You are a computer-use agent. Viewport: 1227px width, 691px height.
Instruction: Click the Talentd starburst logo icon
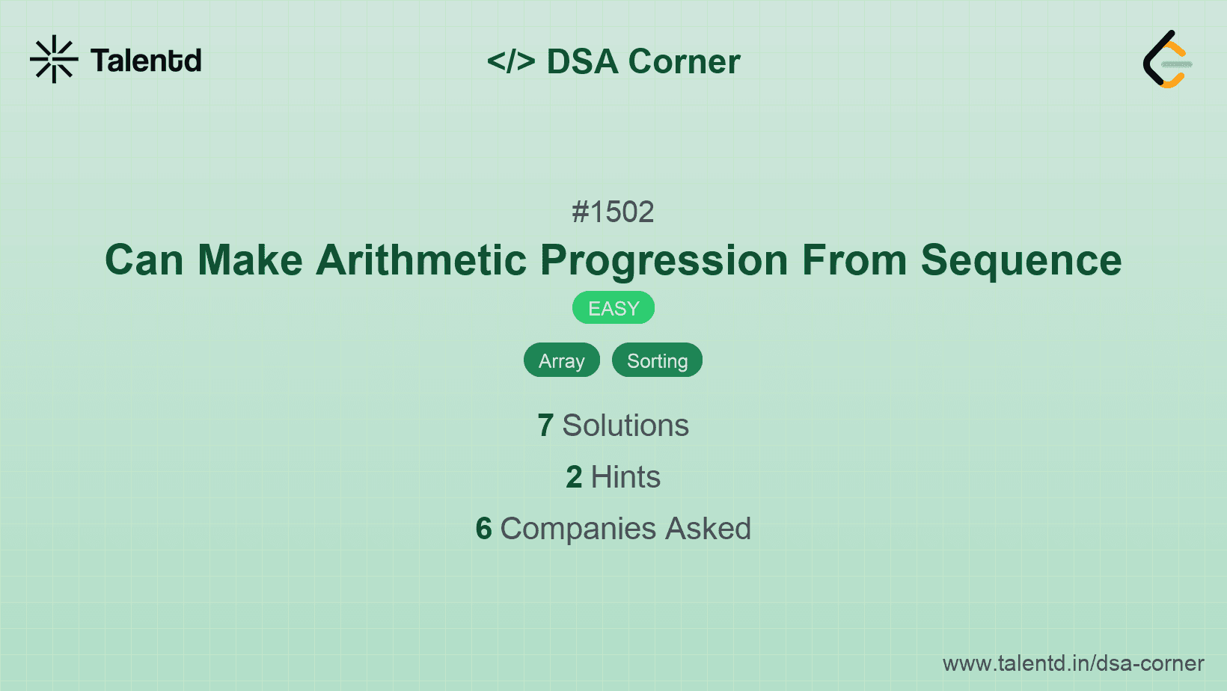coord(54,59)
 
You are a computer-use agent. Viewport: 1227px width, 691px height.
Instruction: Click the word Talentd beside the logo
coord(146,61)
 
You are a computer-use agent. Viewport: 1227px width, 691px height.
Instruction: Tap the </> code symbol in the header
coord(511,61)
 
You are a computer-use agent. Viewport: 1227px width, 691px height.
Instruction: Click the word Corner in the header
coord(684,61)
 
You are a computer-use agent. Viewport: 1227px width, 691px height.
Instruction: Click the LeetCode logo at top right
coord(1167,59)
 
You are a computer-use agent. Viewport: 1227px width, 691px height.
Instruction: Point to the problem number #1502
coord(613,212)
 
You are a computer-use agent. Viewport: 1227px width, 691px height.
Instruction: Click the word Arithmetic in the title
coord(421,260)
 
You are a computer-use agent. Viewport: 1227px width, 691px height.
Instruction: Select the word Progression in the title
coord(664,260)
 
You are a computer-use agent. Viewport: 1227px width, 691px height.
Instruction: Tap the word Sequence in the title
coord(1021,260)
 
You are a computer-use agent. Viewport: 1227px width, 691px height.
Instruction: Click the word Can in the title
coord(144,260)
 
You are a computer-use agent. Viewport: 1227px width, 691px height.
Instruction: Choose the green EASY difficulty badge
coord(613,308)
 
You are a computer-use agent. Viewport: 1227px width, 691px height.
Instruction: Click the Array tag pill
coord(561,360)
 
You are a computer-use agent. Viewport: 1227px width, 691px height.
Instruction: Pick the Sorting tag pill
coord(657,360)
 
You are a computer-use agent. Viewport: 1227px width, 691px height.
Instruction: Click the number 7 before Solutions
coord(545,426)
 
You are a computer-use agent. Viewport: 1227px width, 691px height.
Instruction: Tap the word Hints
coord(625,477)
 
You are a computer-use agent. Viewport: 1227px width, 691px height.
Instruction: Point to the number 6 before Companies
coord(483,529)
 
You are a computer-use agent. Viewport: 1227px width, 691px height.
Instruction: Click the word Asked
coord(708,529)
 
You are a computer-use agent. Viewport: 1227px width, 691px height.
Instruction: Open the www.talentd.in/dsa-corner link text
coord(1073,663)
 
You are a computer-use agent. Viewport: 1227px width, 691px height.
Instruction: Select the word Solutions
coord(625,426)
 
